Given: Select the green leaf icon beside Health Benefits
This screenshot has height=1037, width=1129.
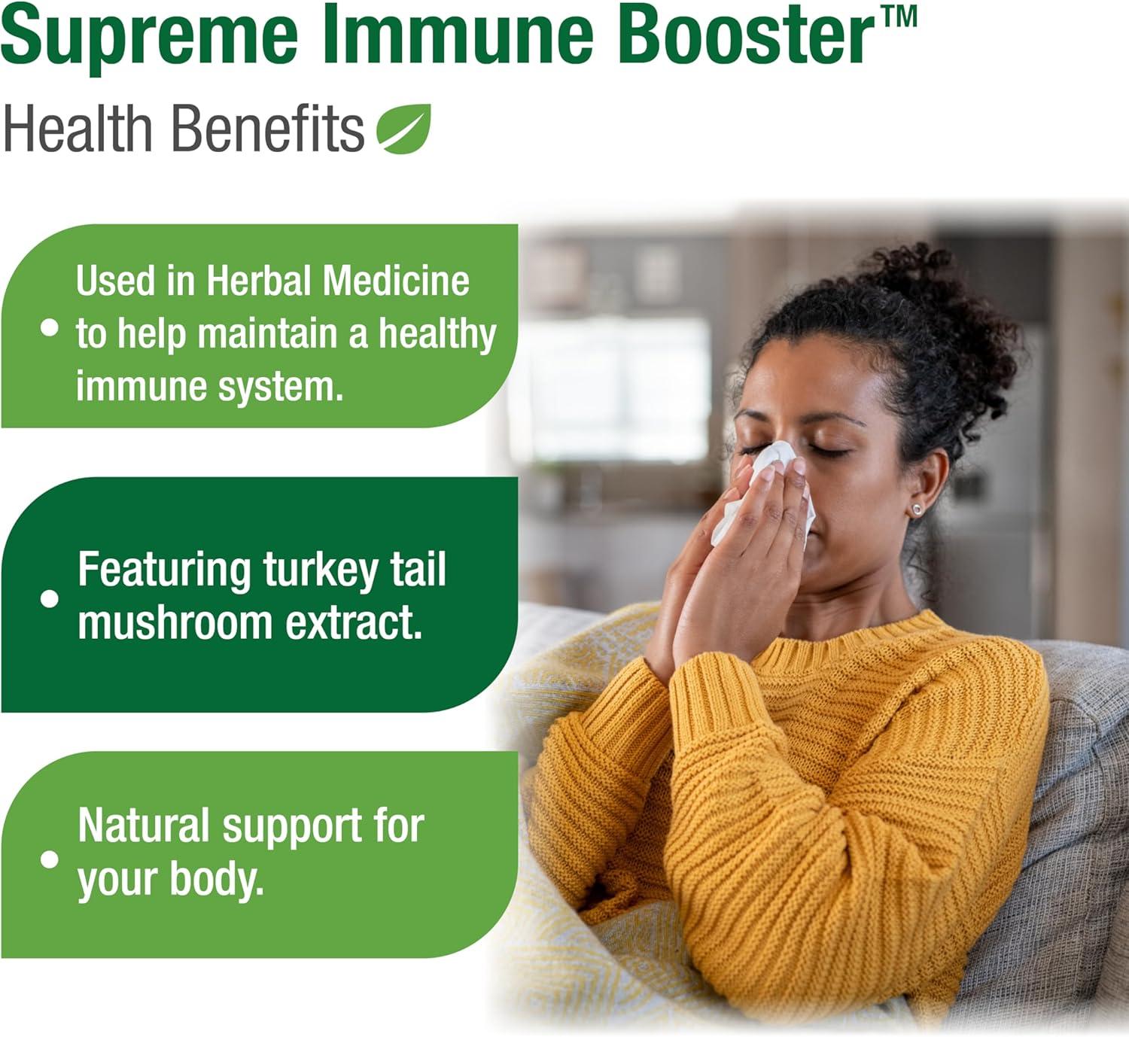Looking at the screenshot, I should (404, 129).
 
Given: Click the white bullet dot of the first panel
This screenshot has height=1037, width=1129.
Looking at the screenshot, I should (50, 327).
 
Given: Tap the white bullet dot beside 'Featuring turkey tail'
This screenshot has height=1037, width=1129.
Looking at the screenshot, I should (50, 598).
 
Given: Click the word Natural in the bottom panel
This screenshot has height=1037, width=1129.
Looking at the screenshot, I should (143, 826).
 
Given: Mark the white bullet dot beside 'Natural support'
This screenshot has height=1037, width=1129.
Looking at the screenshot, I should (50, 859).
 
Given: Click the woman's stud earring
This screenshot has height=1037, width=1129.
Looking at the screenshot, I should (916, 509).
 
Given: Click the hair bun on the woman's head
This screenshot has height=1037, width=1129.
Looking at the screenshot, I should (941, 301).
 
